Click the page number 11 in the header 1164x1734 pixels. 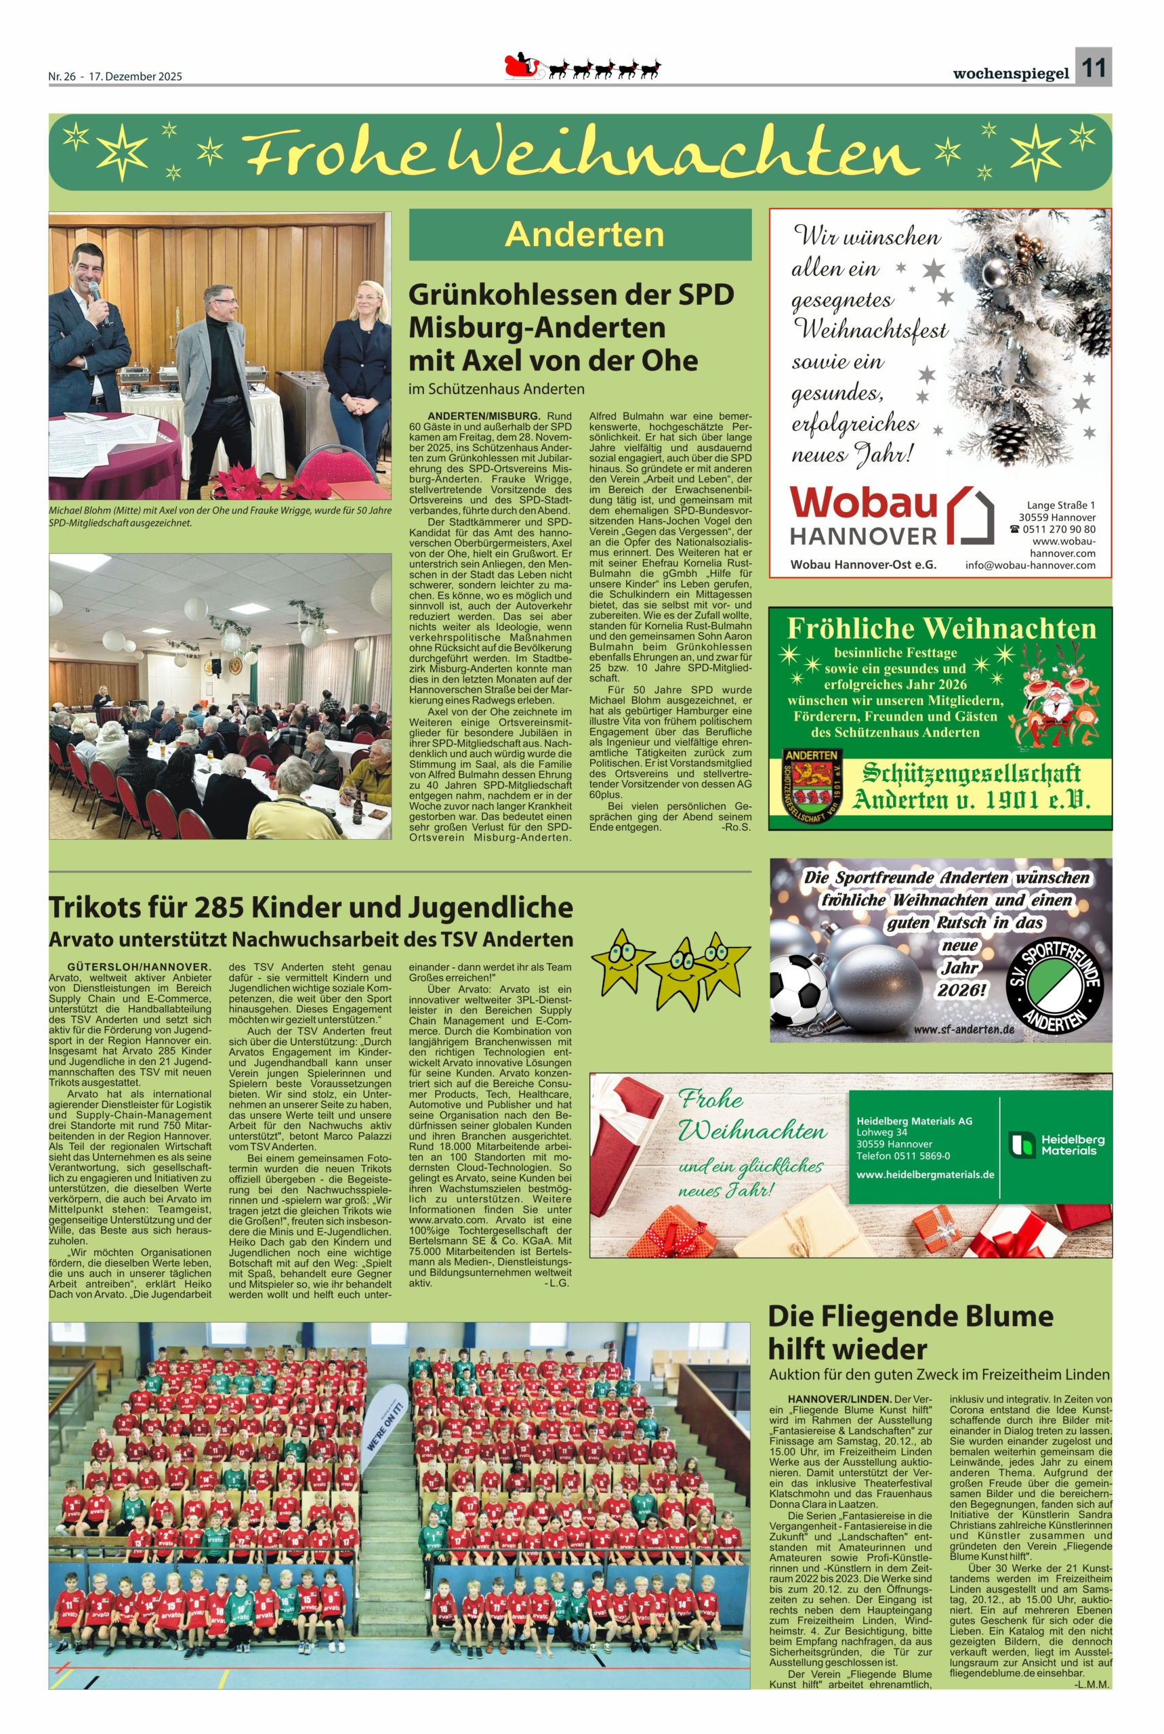[x=1093, y=68]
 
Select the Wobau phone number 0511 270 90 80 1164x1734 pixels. [x=1058, y=529]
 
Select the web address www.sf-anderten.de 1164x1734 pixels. [x=963, y=1030]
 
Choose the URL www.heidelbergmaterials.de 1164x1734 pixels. [x=925, y=1175]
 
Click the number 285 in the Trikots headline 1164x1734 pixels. [x=219, y=908]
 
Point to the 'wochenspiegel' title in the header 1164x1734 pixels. [x=1010, y=73]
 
